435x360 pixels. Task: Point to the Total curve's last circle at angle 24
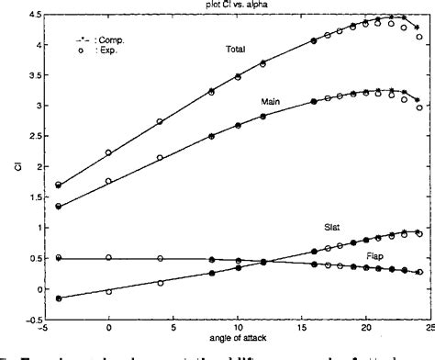pos(419,37)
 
